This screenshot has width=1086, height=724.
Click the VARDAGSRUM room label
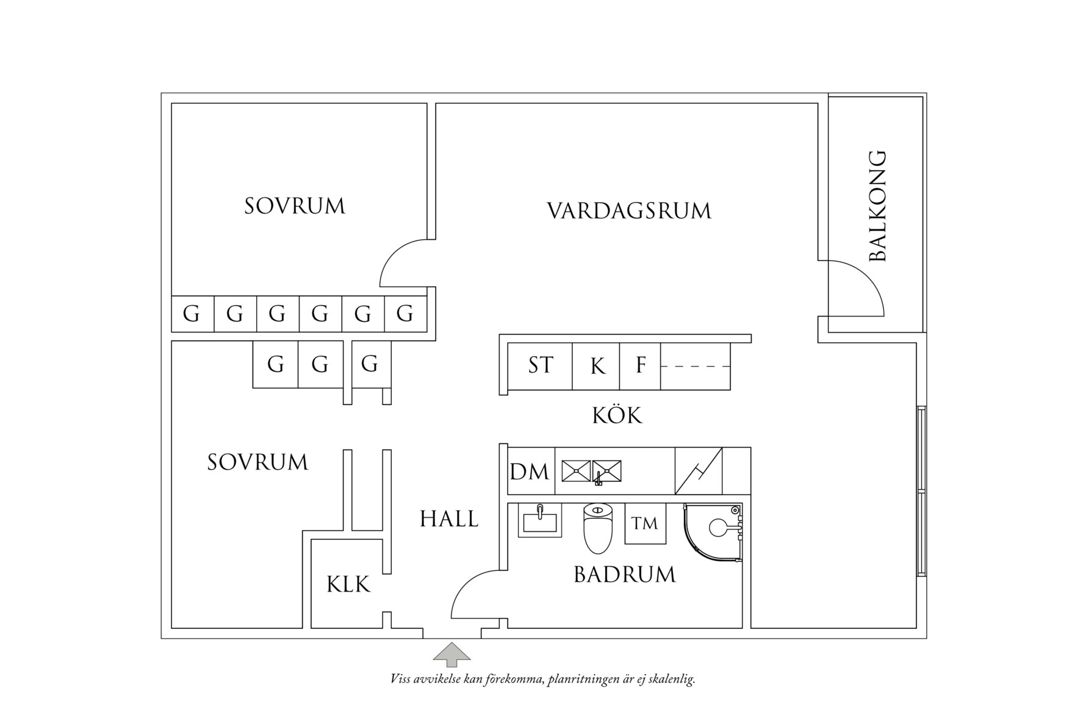pos(628,211)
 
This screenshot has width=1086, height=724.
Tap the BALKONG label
pos(877,206)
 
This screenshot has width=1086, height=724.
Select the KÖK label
pos(617,416)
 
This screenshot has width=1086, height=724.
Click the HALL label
pos(449,519)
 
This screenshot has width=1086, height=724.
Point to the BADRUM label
pos(625,575)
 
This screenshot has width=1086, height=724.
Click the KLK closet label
pos(348,584)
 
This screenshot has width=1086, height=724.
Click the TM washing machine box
pos(645,523)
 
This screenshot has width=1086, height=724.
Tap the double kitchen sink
pos(591,471)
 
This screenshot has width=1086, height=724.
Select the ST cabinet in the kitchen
pos(540,366)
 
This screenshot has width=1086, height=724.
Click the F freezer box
pos(641,366)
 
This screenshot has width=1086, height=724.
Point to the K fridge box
pos(597,366)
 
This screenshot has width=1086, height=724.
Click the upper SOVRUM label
pos(295,206)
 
